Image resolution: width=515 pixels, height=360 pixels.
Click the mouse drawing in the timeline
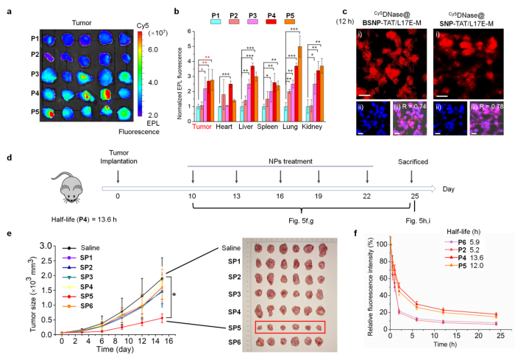[69, 197]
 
